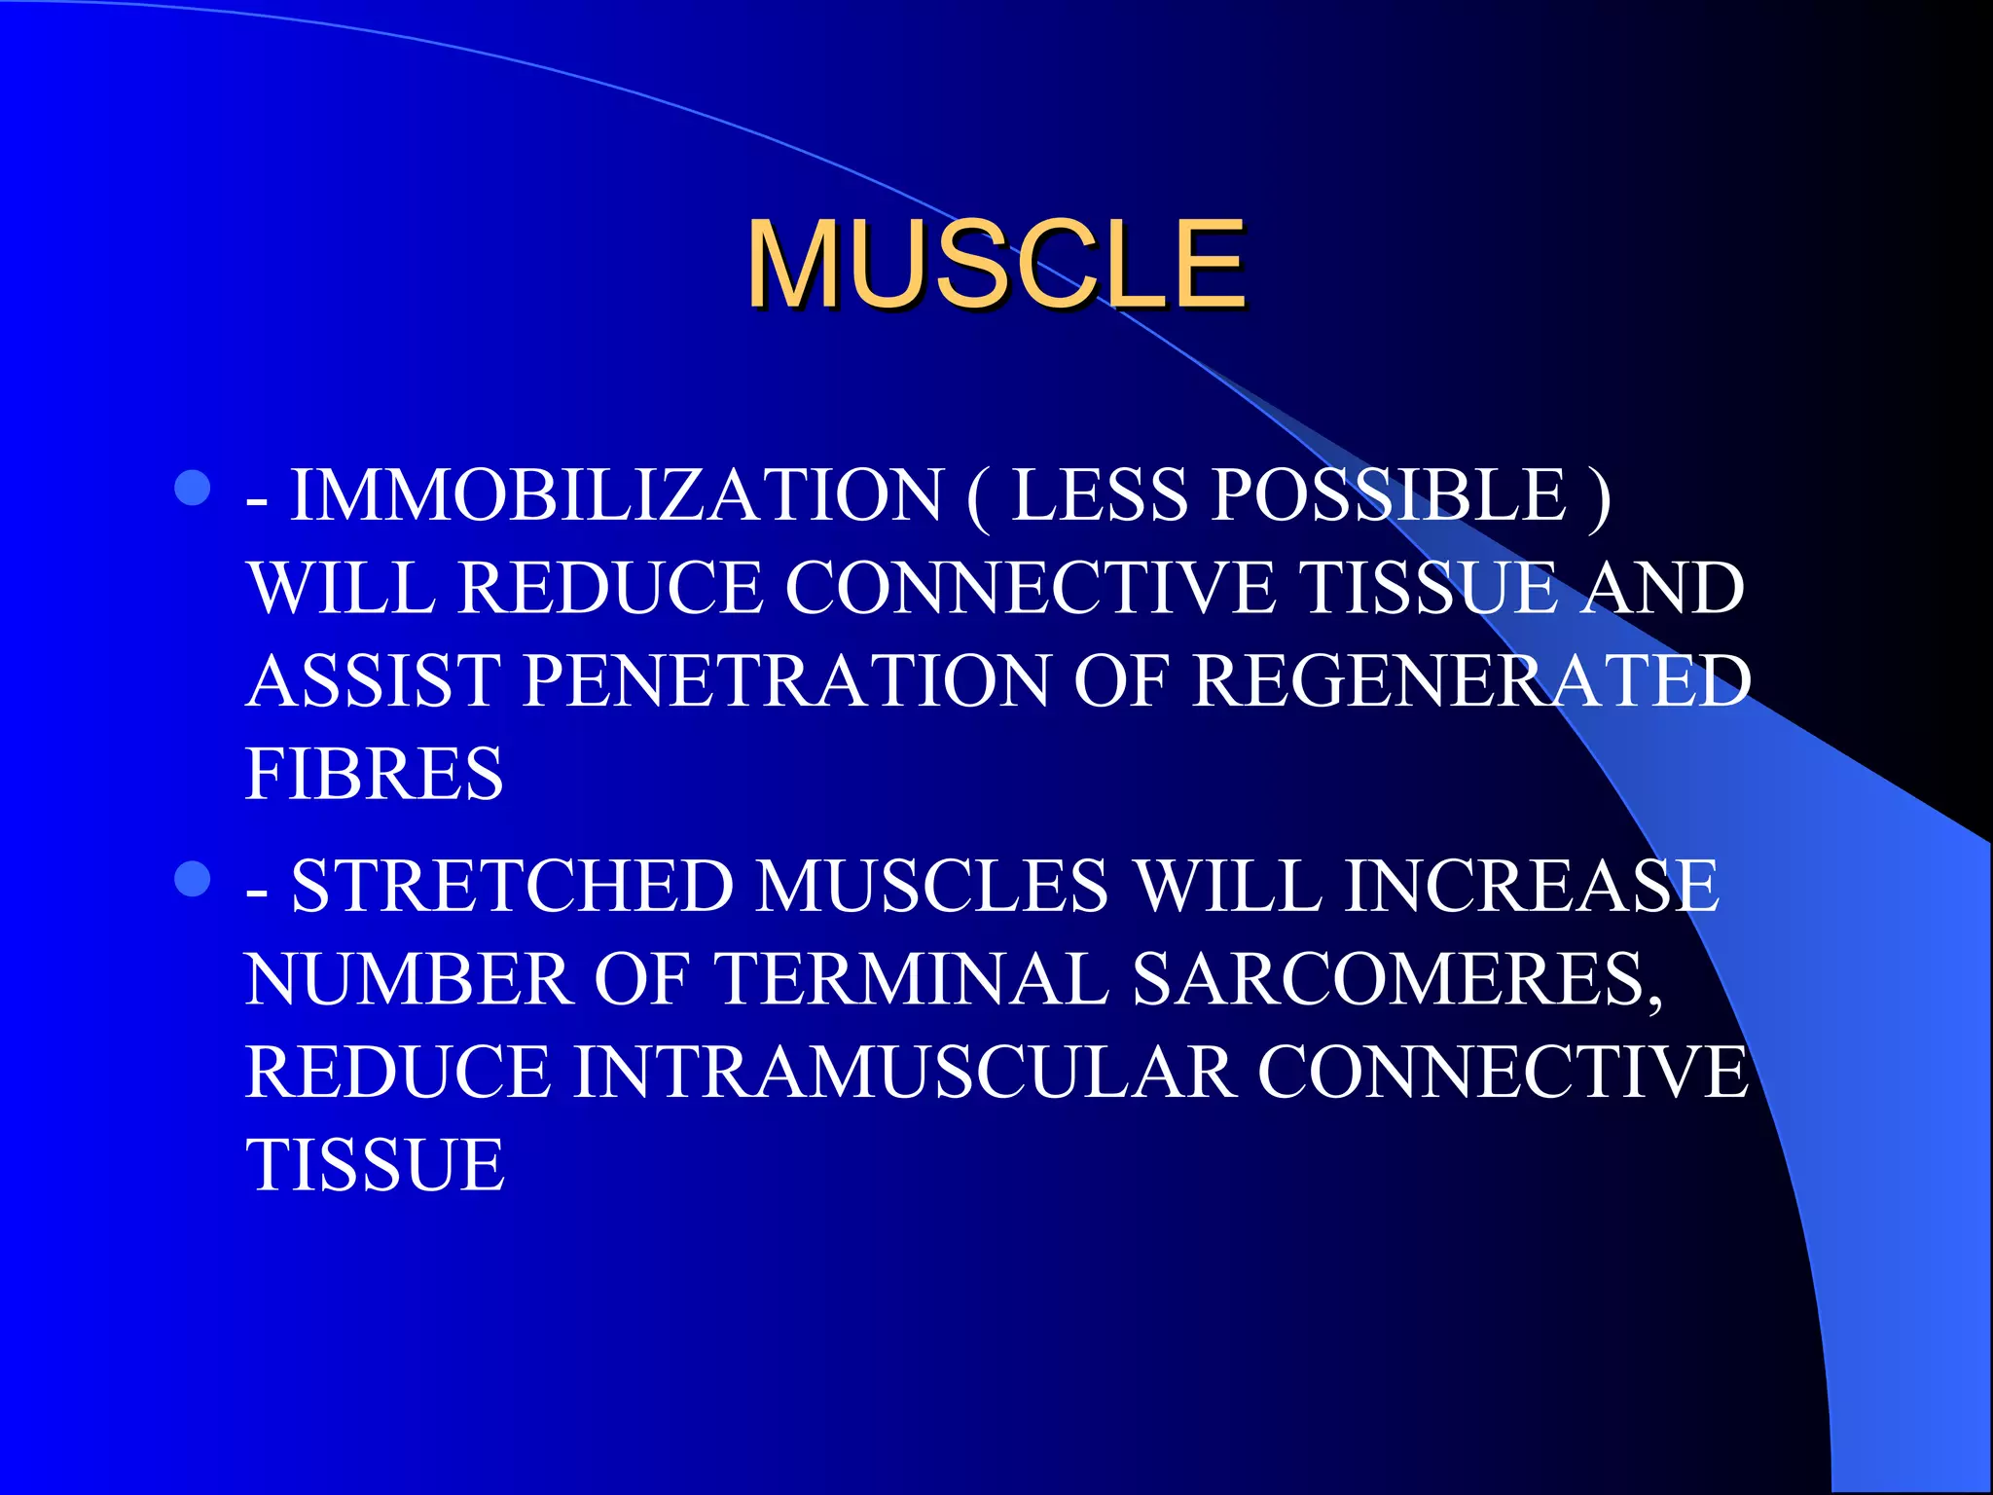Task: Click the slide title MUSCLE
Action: [x=995, y=265]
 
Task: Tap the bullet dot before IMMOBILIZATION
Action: [x=193, y=489]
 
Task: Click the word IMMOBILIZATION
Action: [x=617, y=495]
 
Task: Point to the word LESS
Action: [x=1099, y=495]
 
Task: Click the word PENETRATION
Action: [x=785, y=680]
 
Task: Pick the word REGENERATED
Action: [x=1470, y=680]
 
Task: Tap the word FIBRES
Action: [x=375, y=774]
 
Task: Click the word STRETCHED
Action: [x=512, y=887]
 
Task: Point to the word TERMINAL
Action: [x=910, y=979]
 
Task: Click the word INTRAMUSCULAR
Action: [x=905, y=1073]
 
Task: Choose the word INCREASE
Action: [x=1531, y=887]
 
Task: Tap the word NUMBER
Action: [x=408, y=979]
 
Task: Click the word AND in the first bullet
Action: [x=1661, y=588]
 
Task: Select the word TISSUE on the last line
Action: [x=375, y=1165]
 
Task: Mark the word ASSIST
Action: [x=374, y=680]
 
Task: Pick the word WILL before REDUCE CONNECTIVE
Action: [x=341, y=588]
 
